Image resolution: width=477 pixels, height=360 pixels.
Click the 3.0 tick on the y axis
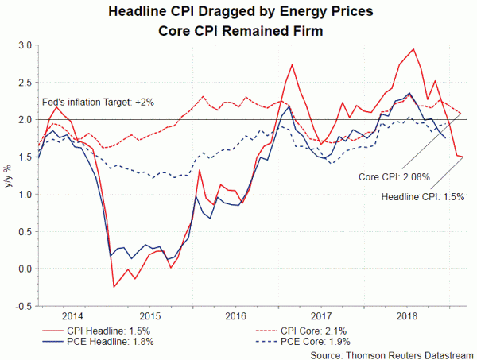click(25, 45)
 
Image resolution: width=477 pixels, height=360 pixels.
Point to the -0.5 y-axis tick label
click(24, 306)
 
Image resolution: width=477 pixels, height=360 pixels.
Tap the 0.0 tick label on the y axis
click(25, 269)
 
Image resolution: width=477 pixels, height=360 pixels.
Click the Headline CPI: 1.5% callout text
click(422, 195)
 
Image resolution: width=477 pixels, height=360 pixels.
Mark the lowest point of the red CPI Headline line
click(114, 287)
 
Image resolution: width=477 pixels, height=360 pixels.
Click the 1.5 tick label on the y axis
click(25, 157)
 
